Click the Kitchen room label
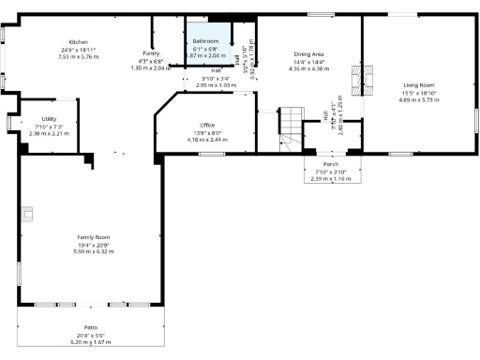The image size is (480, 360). coord(78,42)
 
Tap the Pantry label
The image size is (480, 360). coord(151,53)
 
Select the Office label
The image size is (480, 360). coord(207,125)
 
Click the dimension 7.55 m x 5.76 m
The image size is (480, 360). coord(78,56)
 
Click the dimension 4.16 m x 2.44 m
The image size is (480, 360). coord(207,140)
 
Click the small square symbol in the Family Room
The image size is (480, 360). coord(29,215)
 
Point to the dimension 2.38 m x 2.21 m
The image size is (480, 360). coord(50,133)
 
